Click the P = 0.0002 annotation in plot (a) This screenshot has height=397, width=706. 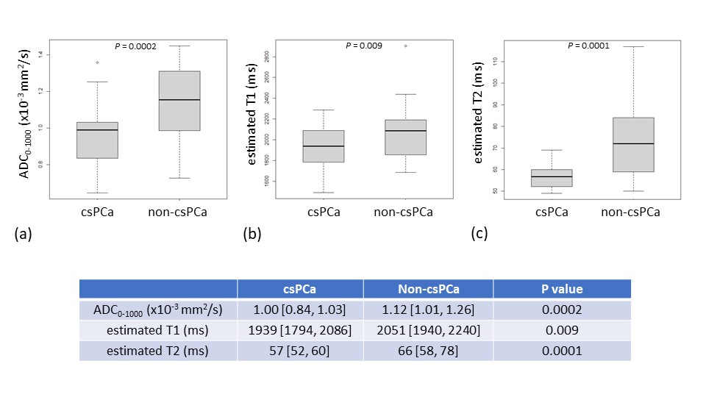coord(135,46)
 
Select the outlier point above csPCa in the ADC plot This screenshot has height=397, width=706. coord(97,62)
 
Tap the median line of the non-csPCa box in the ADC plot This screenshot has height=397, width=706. coord(179,100)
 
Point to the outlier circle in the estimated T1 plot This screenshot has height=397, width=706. coord(406,46)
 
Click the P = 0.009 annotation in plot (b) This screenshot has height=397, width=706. coord(364,46)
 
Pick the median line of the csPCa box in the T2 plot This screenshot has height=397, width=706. coord(552,176)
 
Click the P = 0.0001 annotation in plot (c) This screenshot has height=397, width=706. coord(588,46)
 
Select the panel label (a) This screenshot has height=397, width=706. coord(24,234)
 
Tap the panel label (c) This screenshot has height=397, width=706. coord(479,233)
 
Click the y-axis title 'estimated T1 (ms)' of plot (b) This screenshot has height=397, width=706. coord(252,115)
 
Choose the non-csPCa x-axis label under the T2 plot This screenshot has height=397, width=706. coord(630,212)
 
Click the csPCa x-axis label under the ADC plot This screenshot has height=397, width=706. coord(97,212)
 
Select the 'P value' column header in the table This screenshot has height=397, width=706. coord(562,289)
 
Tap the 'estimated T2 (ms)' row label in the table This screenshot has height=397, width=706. coord(157,351)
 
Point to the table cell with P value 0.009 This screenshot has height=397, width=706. coord(562,330)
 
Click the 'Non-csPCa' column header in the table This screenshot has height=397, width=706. coord(429,289)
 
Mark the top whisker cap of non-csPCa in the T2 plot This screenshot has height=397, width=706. coord(633,46)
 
